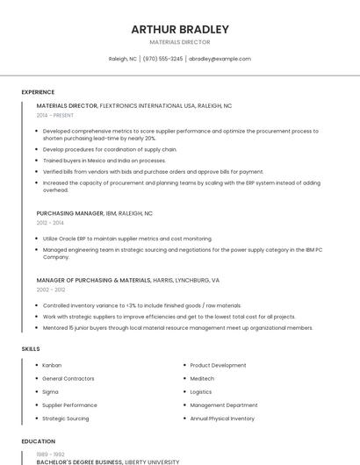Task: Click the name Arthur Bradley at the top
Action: (180, 29)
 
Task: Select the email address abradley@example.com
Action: (220, 59)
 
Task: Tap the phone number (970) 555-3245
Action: (162, 59)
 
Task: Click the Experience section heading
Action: (38, 92)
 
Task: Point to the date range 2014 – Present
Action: (55, 115)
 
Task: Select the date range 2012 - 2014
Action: (50, 223)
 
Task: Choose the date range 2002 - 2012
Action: (51, 290)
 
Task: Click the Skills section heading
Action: (31, 349)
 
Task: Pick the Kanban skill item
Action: (52, 365)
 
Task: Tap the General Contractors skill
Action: (67, 378)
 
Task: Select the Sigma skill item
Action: (50, 392)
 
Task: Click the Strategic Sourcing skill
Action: (66, 418)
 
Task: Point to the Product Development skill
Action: (218, 365)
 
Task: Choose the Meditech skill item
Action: (202, 378)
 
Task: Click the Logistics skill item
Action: (201, 392)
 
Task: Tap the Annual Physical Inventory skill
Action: (222, 418)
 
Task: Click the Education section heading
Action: (38, 441)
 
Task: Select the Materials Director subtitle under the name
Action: (180, 42)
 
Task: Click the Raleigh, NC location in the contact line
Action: (123, 59)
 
